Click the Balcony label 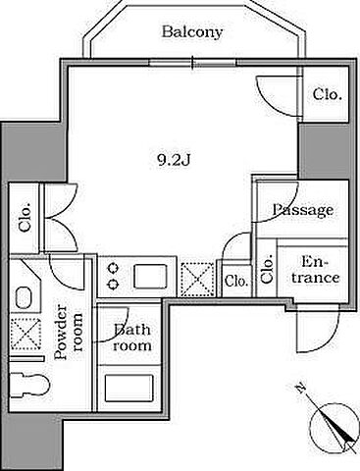[192, 32]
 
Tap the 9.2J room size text [174, 161]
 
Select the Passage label [303, 210]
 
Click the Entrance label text [313, 270]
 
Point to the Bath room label [132, 337]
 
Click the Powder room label [68, 332]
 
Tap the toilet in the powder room [28, 385]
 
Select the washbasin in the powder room [24, 297]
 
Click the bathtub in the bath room [129, 388]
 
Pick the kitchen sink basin [150, 277]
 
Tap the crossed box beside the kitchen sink [197, 279]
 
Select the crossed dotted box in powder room [26, 334]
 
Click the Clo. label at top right [328, 94]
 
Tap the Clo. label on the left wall [26, 218]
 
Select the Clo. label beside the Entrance [267, 269]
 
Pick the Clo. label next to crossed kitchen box [236, 281]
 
